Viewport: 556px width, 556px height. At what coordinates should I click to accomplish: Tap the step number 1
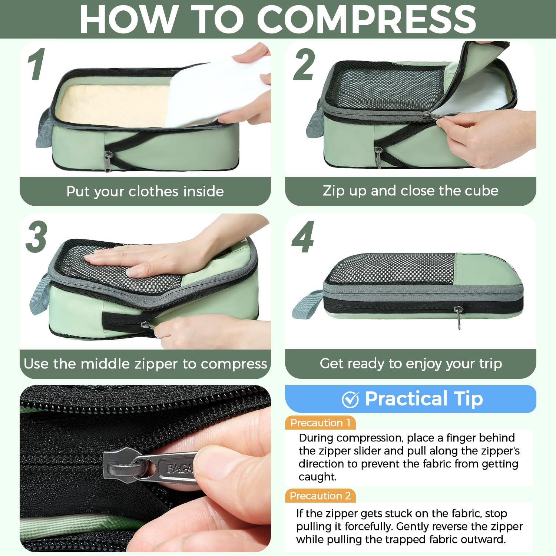[x=37, y=64]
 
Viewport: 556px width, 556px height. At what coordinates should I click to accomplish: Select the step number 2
[x=304, y=64]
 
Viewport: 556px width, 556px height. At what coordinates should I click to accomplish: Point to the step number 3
[x=36, y=237]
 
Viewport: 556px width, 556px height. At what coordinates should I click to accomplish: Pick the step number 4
[x=303, y=237]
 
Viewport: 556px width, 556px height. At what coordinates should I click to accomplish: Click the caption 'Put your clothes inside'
[x=145, y=191]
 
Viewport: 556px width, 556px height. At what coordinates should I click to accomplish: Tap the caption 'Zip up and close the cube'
[x=410, y=191]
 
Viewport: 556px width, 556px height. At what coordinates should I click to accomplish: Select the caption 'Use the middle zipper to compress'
[x=145, y=364]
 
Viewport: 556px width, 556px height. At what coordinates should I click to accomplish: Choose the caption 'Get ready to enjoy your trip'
[x=411, y=363]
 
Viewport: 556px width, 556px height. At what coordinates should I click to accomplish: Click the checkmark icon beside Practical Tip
[x=350, y=399]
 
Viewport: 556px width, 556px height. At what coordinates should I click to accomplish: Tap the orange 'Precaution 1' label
[x=320, y=423]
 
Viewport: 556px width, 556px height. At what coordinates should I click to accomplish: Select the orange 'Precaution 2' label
[x=320, y=496]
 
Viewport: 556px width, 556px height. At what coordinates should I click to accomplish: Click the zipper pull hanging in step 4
[x=459, y=317]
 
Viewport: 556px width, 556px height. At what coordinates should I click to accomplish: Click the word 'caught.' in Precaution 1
[x=317, y=477]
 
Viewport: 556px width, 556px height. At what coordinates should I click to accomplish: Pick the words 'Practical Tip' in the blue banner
[x=424, y=399]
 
